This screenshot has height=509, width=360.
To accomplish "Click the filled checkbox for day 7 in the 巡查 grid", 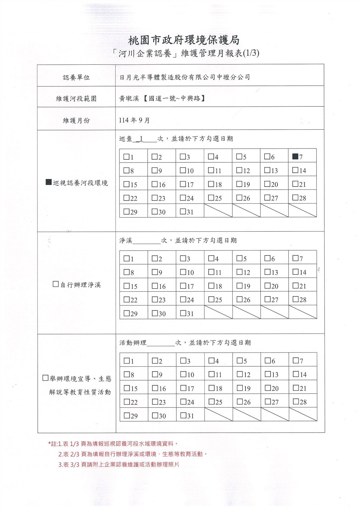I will (x=295, y=157).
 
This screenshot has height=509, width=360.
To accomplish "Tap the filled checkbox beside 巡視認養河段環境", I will (x=49, y=182).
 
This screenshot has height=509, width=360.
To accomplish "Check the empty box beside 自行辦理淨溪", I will (x=56, y=284).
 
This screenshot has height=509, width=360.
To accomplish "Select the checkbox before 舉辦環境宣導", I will (x=45, y=378).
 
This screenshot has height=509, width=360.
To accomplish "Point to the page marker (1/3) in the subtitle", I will (x=251, y=53).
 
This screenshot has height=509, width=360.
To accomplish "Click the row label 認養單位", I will (x=76, y=77).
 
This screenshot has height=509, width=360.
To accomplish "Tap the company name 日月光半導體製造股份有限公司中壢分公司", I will (x=185, y=77).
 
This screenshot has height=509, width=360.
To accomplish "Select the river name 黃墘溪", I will (x=129, y=99).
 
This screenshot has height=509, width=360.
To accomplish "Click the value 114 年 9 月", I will (x=134, y=120).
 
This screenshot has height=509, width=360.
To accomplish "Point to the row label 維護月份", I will (x=76, y=120).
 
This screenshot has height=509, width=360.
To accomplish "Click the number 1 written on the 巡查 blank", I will (x=141, y=139).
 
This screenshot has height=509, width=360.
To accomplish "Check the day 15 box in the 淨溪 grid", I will (x=126, y=286).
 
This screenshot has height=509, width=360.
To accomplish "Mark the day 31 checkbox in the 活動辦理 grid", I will (x=183, y=415).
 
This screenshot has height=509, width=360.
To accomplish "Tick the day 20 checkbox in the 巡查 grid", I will (x=267, y=184).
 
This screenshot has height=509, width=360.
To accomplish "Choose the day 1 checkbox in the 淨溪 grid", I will (x=126, y=258).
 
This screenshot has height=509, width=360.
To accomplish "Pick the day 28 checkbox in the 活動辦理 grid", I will (x=296, y=401).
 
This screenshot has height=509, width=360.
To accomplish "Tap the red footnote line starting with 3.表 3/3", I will (x=119, y=465).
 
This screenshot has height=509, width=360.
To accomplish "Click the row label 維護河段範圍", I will (x=76, y=99).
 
